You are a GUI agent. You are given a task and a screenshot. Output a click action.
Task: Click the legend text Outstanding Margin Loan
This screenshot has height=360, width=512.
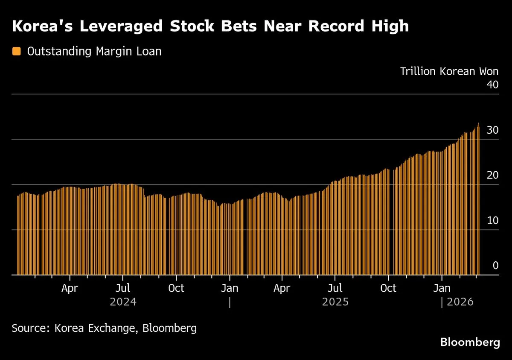(94, 51)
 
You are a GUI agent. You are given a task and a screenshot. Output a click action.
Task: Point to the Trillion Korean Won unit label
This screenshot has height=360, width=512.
(449, 71)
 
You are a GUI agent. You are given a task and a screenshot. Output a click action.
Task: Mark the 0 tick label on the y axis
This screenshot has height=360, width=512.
(495, 266)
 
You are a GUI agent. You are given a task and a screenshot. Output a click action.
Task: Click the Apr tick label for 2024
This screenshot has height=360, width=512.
(70, 288)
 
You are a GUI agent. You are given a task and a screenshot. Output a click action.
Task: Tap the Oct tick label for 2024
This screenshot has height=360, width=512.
(176, 288)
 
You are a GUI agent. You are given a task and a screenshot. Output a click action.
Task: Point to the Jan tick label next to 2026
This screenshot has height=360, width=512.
(442, 288)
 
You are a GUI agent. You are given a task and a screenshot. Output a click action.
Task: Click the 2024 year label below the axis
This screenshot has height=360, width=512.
(123, 302)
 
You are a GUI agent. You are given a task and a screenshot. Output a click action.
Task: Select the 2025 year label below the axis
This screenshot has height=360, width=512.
(335, 302)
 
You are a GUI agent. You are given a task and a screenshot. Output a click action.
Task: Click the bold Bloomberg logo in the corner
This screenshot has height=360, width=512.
(470, 342)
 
